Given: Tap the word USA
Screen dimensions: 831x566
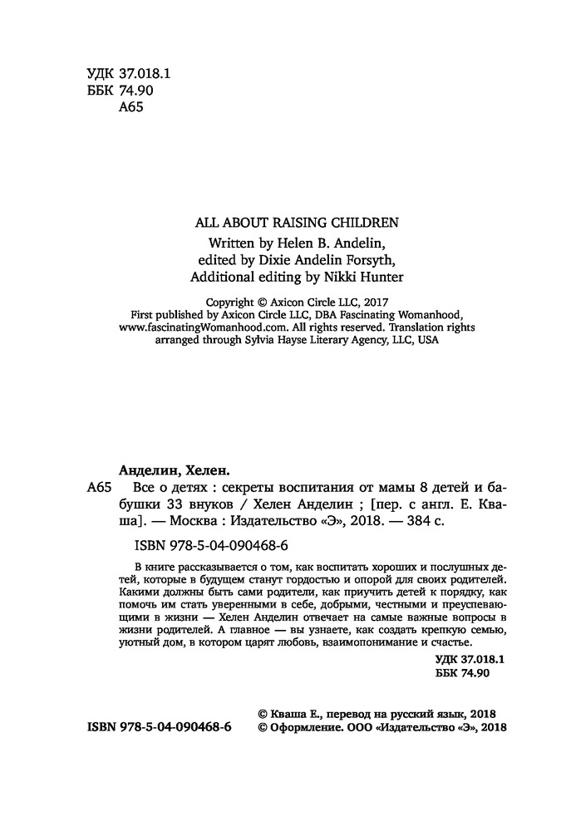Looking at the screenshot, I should [427, 340].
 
